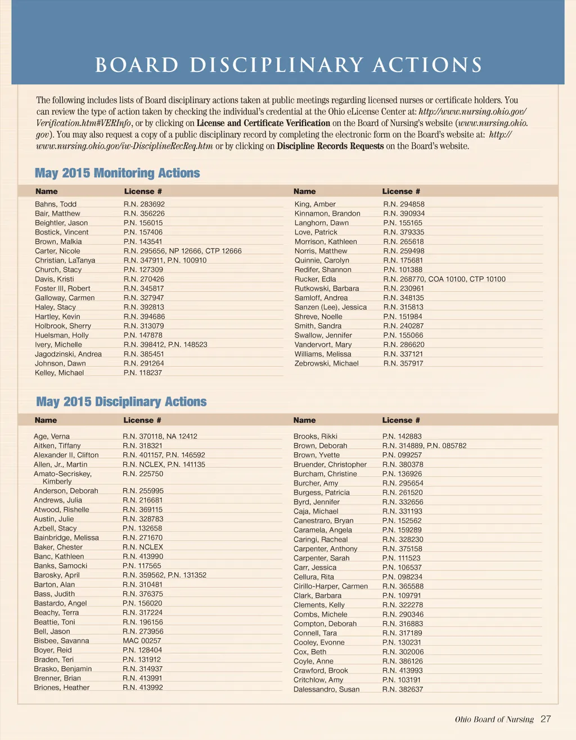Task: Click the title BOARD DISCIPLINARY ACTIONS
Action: pyautogui.click(x=289, y=65)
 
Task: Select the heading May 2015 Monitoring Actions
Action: pyautogui.click(x=118, y=173)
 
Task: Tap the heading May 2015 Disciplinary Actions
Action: pyautogui.click(x=121, y=402)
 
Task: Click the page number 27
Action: pyautogui.click(x=546, y=719)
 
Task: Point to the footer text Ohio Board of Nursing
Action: pyautogui.click(x=494, y=719)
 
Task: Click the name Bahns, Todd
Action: pyautogui.click(x=56, y=204)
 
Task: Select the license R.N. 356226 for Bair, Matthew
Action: pyautogui.click(x=144, y=213)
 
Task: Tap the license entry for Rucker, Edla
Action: pyautogui.click(x=444, y=279)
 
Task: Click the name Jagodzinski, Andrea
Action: pyautogui.click(x=68, y=354)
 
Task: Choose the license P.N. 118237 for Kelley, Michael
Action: pyautogui.click(x=143, y=373)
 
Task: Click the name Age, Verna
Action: pyautogui.click(x=52, y=436)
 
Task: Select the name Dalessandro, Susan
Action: pyautogui.click(x=326, y=689)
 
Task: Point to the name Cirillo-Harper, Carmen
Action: pyautogui.click(x=331, y=586)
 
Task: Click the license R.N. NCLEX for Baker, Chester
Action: pyautogui.click(x=143, y=547)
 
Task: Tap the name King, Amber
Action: pyautogui.click(x=315, y=204)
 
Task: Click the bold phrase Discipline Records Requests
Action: pyautogui.click(x=330, y=146)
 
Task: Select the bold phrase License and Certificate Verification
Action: pyautogui.click(x=263, y=123)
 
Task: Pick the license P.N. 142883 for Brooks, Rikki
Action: pyautogui.click(x=402, y=436)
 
